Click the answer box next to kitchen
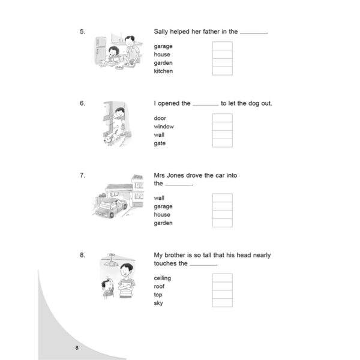[x=222, y=71]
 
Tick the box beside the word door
[x=222, y=118]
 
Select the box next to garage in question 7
[x=222, y=206]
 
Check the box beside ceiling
[x=222, y=278]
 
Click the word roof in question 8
[x=159, y=286]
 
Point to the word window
[x=164, y=127]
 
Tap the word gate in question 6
[x=160, y=143]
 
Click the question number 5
[x=82, y=31]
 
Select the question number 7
[x=82, y=175]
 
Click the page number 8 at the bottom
[x=77, y=348]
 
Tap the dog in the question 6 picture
[x=111, y=138]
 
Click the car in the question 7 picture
[x=110, y=208]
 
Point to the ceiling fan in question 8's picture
[x=111, y=260]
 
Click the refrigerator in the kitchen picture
[x=101, y=50]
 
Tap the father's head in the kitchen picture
[x=130, y=41]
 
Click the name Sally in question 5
[x=161, y=32]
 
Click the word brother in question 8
[x=175, y=255]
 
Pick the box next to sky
[x=222, y=303]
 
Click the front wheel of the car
[x=112, y=214]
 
